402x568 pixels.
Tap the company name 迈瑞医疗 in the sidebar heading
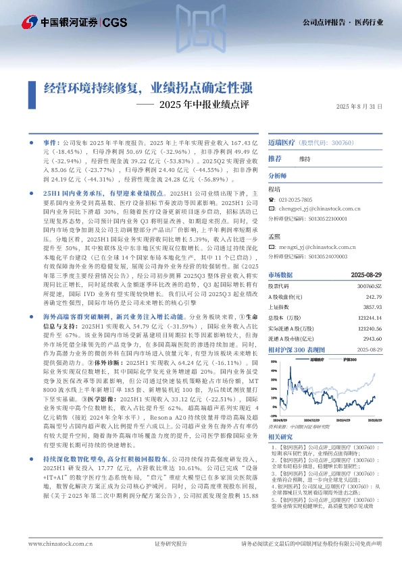coord(281,144)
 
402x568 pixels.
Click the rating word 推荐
coord(274,159)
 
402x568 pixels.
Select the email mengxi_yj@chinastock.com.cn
coord(311,248)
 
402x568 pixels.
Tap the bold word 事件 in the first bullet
coord(51,144)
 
